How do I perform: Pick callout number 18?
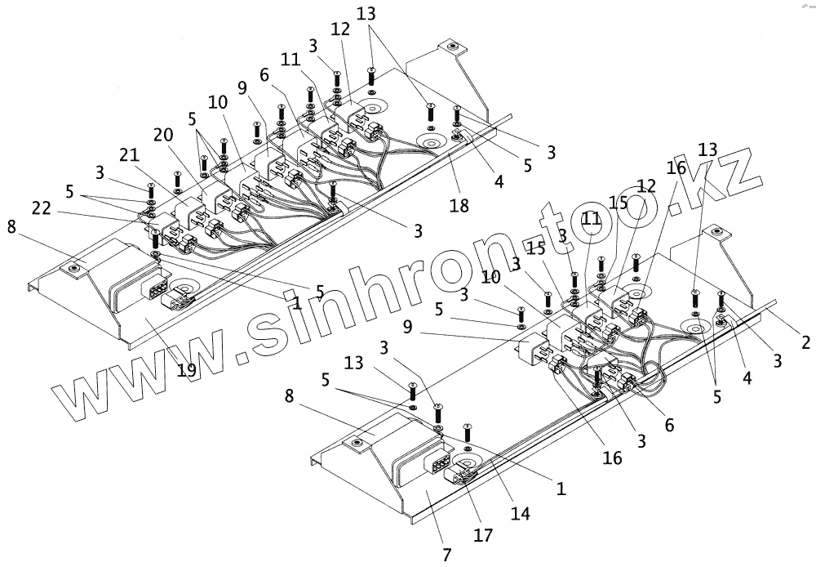[x=459, y=205]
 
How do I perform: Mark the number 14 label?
[x=520, y=514]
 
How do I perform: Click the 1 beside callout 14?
[x=561, y=489]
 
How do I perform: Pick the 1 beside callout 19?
[x=297, y=302]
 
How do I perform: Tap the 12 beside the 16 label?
[x=646, y=187]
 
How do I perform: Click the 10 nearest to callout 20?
[x=217, y=102]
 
